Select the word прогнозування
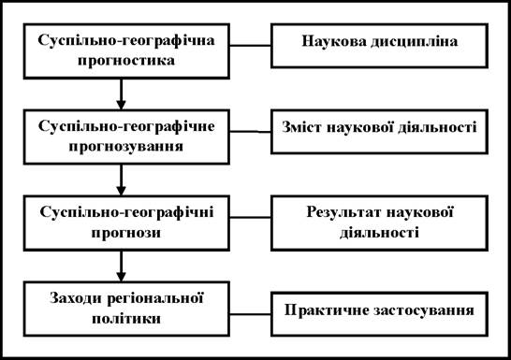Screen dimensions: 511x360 point(126,147)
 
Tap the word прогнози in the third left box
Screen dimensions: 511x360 point(126,234)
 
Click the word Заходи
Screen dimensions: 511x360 point(76,298)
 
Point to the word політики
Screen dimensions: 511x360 point(126,318)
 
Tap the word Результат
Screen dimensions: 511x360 point(343,213)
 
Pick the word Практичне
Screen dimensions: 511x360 point(327,310)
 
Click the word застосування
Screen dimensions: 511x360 point(424,310)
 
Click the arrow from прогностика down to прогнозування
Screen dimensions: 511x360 point(121,94)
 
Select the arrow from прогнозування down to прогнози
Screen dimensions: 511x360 point(121,180)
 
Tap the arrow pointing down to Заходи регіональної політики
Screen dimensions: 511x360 point(121,266)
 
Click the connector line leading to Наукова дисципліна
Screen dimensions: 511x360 point(250,46)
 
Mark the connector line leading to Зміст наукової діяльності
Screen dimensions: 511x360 point(250,132)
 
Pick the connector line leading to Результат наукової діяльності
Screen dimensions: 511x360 point(250,217)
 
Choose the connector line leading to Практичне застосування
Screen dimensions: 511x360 point(250,314)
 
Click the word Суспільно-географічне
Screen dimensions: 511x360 point(126,127)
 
